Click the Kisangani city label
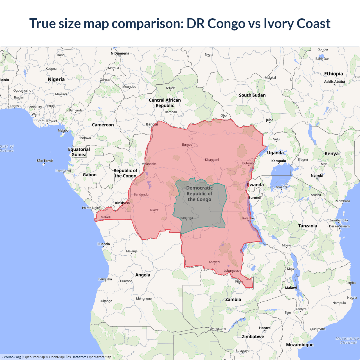[x=212, y=160]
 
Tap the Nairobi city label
[x=317, y=175]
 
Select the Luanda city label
[x=103, y=244]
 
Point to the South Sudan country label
[x=252, y=95]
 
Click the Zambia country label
[x=233, y=300]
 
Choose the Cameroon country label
[x=103, y=125]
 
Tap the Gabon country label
[x=89, y=175]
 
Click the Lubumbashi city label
[x=232, y=271]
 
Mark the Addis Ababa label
[x=334, y=82]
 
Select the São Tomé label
[x=45, y=161]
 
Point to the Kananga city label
[x=186, y=218]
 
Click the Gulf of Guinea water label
[x=7, y=148]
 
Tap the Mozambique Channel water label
[x=348, y=341]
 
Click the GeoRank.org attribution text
[x=11, y=357]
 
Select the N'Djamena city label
[x=120, y=53]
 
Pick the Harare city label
[x=265, y=328]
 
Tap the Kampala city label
[x=278, y=161]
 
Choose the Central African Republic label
[x=165, y=103]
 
